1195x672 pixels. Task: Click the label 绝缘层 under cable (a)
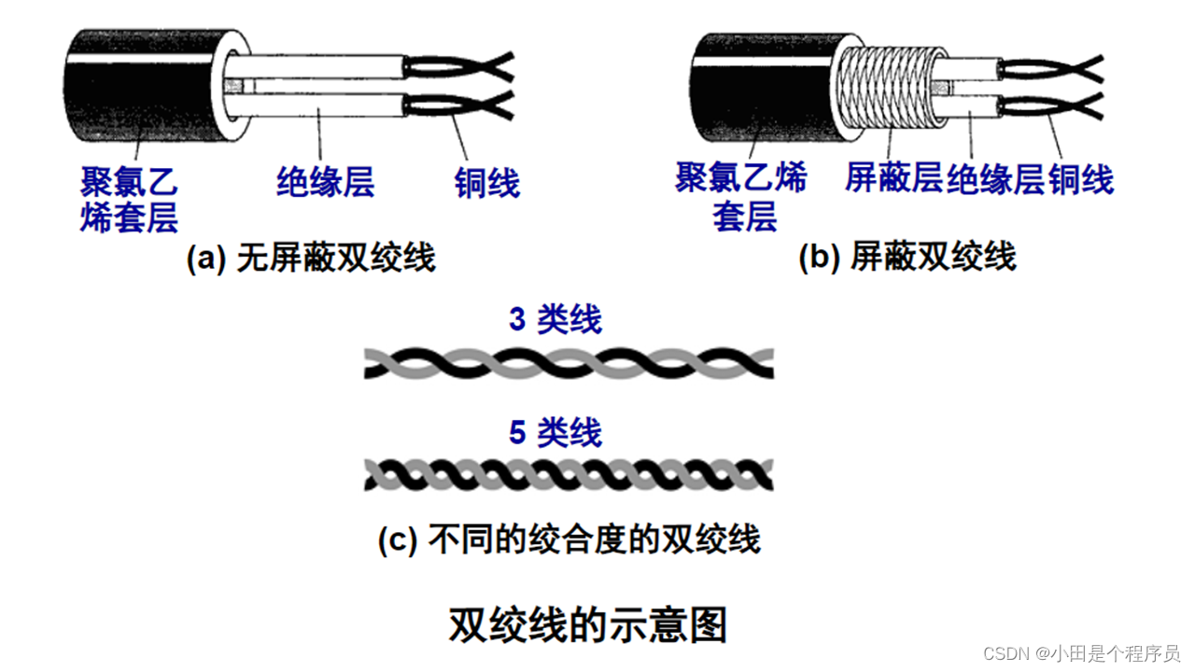(325, 181)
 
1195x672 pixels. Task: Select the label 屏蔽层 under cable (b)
(893, 177)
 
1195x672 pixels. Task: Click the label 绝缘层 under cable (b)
(995, 177)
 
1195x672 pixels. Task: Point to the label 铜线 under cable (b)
(1081, 177)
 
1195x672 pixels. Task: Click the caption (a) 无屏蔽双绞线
(312, 258)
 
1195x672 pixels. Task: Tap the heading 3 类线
(555, 320)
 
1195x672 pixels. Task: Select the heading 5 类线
(555, 433)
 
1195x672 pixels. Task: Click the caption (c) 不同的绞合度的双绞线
(569, 539)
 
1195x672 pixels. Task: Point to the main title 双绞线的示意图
(587, 625)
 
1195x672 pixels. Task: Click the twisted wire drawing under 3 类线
(569, 363)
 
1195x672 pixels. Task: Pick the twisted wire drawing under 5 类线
(569, 475)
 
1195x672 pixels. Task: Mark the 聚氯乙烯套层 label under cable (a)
(129, 198)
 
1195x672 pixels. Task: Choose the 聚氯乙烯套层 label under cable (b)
(741, 196)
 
